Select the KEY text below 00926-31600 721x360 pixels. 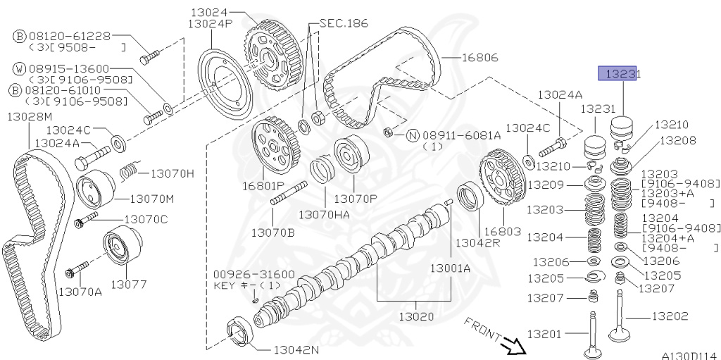pyautogui.click(x=227, y=285)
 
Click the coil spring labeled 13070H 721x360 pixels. pyautogui.click(x=128, y=170)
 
